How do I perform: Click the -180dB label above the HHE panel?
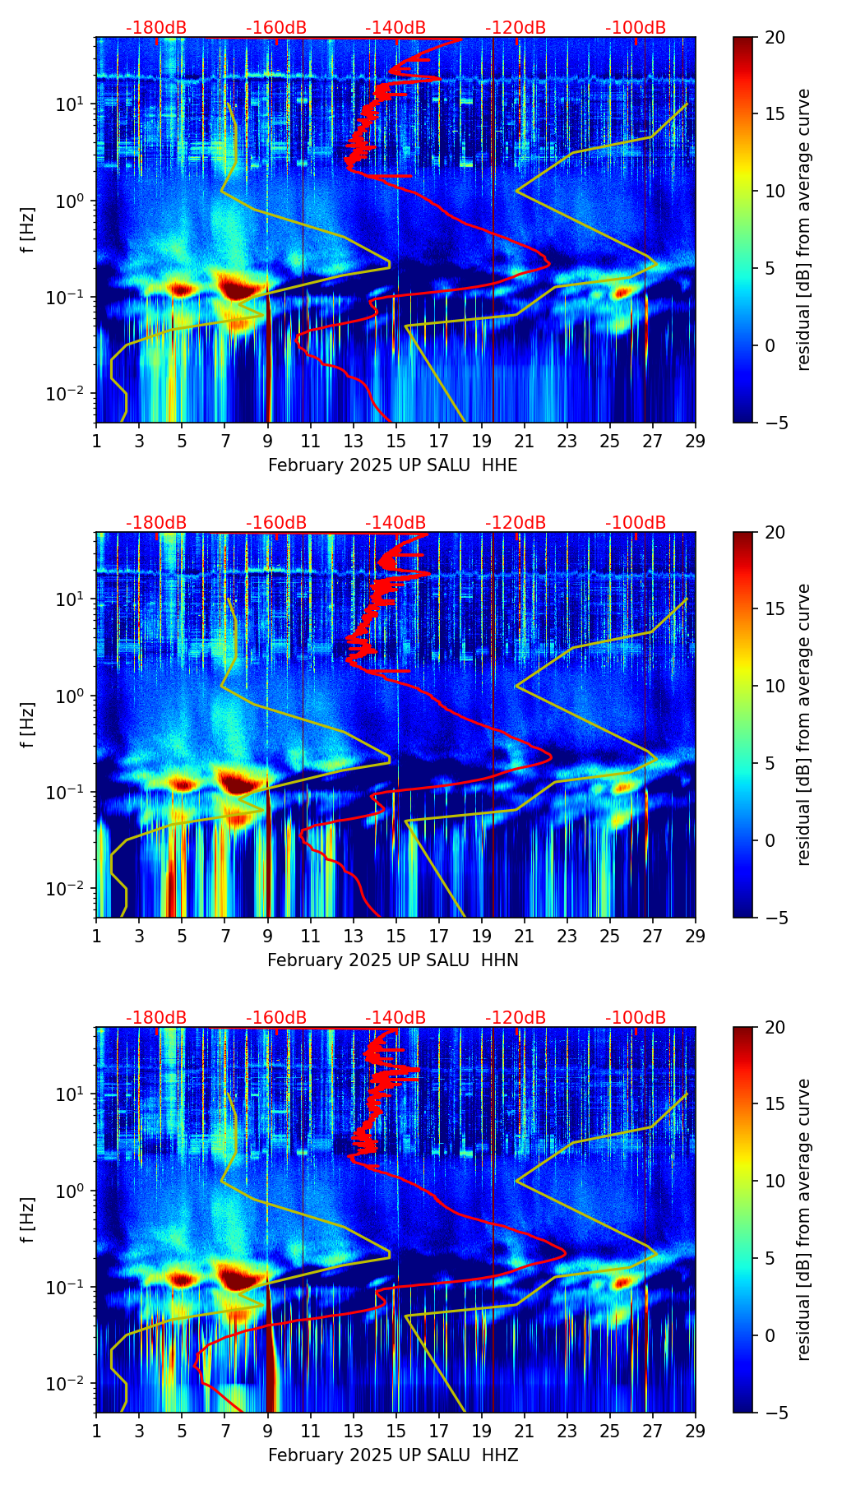click(x=156, y=28)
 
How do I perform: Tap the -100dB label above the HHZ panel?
click(x=636, y=1018)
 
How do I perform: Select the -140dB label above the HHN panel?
click(x=395, y=523)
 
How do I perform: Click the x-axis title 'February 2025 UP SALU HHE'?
click(x=393, y=465)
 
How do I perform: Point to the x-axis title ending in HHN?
click(x=393, y=960)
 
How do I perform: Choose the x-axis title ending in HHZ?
click(x=393, y=1455)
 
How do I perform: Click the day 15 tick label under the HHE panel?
click(x=396, y=442)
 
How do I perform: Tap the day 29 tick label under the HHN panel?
click(x=696, y=937)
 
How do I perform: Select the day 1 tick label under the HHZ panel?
click(x=96, y=1432)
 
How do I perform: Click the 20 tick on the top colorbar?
click(x=775, y=37)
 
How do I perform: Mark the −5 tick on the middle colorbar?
click(x=775, y=918)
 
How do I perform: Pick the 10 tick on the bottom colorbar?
click(x=775, y=1181)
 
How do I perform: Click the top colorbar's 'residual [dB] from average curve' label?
click(x=804, y=229)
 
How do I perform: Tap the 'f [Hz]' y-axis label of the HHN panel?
click(x=28, y=724)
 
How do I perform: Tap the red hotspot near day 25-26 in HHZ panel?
click(x=622, y=1281)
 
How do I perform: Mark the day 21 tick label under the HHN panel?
click(x=525, y=937)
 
